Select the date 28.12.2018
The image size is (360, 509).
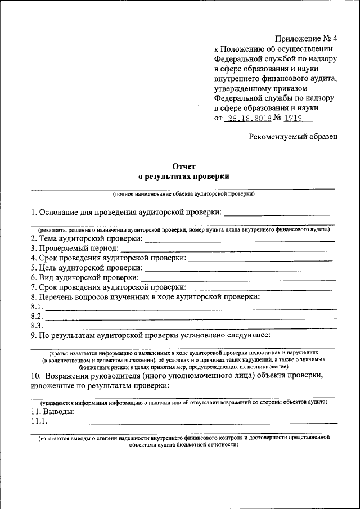click(x=247, y=118)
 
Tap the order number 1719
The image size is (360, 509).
click(x=294, y=118)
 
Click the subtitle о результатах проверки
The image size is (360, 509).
click(x=183, y=176)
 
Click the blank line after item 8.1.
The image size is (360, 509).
click(x=191, y=308)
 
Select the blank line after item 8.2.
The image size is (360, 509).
click(x=191, y=318)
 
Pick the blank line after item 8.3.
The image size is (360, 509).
click(x=191, y=327)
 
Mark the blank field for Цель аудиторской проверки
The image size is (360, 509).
click(x=240, y=269)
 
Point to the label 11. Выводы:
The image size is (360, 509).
click(x=53, y=411)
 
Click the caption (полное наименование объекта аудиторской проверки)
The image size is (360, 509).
click(x=183, y=194)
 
